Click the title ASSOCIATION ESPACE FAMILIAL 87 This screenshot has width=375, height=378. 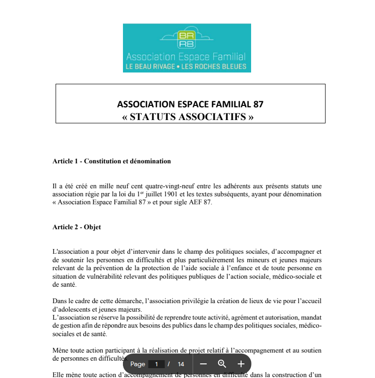[190, 104]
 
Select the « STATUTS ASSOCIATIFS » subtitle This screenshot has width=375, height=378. [187, 117]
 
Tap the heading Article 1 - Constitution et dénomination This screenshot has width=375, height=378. [112, 161]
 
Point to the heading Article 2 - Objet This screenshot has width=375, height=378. [77, 227]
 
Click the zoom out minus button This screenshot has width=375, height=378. [204, 364]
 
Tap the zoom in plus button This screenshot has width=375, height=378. [241, 364]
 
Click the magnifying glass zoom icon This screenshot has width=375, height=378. [222, 364]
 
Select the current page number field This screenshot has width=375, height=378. [156, 364]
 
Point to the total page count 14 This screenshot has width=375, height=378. [181, 364]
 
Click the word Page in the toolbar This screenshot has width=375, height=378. [138, 364]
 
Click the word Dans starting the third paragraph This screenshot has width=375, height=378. [59, 301]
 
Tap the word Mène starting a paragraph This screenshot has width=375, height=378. [60, 350]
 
